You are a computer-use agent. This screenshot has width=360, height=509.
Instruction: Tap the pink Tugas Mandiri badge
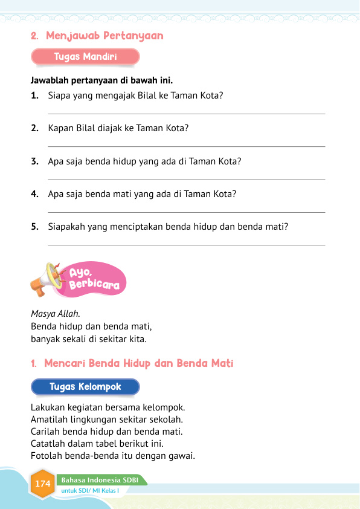(85, 57)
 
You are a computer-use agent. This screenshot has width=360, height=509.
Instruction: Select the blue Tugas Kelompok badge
(85, 387)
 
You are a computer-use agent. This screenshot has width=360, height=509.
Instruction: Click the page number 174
(42, 484)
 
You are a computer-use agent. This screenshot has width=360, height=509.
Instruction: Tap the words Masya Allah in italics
(55, 313)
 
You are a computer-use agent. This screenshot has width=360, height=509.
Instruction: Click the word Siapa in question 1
(60, 96)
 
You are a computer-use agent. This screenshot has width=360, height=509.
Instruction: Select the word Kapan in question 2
(60, 128)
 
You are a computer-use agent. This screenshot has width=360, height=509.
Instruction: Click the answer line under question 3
(186, 180)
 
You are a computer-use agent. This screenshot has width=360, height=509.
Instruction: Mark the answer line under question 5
(186, 245)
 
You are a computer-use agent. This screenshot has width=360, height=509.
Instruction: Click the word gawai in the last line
(180, 456)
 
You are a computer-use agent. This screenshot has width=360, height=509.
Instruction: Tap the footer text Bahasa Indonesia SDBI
(100, 480)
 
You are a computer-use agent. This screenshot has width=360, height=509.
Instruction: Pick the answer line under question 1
(186, 114)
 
